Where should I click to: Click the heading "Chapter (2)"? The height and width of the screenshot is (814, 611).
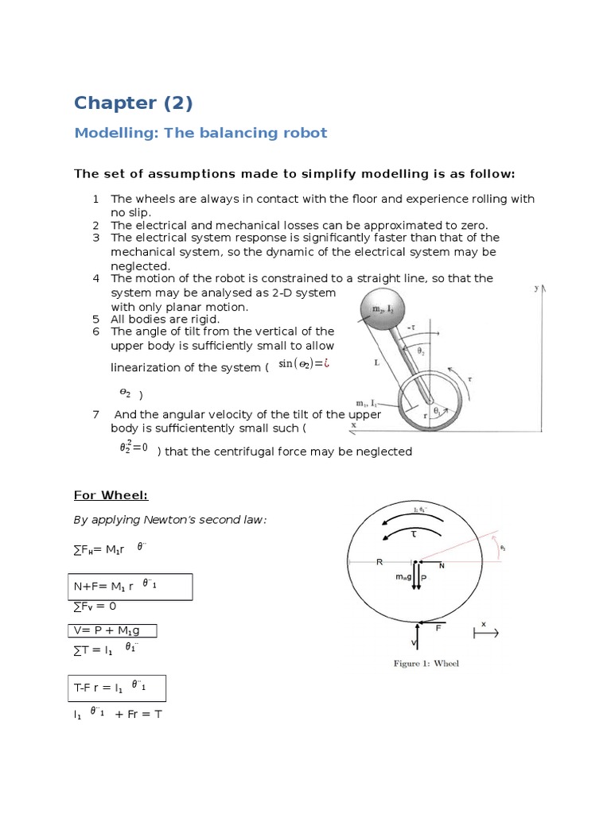pyautogui.click(x=133, y=103)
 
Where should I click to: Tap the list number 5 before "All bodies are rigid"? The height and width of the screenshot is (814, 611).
pyautogui.click(x=95, y=319)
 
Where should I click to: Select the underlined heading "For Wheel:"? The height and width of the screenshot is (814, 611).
pyautogui.click(x=111, y=495)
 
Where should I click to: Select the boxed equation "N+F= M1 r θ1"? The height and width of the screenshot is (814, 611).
pyautogui.click(x=128, y=587)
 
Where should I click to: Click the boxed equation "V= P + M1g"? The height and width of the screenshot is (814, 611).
pyautogui.click(x=111, y=630)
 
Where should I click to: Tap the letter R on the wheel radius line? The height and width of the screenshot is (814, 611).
pyautogui.click(x=379, y=562)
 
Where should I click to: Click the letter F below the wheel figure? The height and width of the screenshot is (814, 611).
pyautogui.click(x=438, y=628)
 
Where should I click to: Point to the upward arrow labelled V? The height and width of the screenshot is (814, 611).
pyautogui.click(x=416, y=636)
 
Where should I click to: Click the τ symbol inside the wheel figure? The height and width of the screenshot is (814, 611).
pyautogui.click(x=414, y=535)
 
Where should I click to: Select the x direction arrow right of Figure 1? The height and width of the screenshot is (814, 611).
pyautogui.click(x=485, y=634)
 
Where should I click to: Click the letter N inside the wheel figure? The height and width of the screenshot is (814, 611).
pyautogui.click(x=442, y=565)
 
